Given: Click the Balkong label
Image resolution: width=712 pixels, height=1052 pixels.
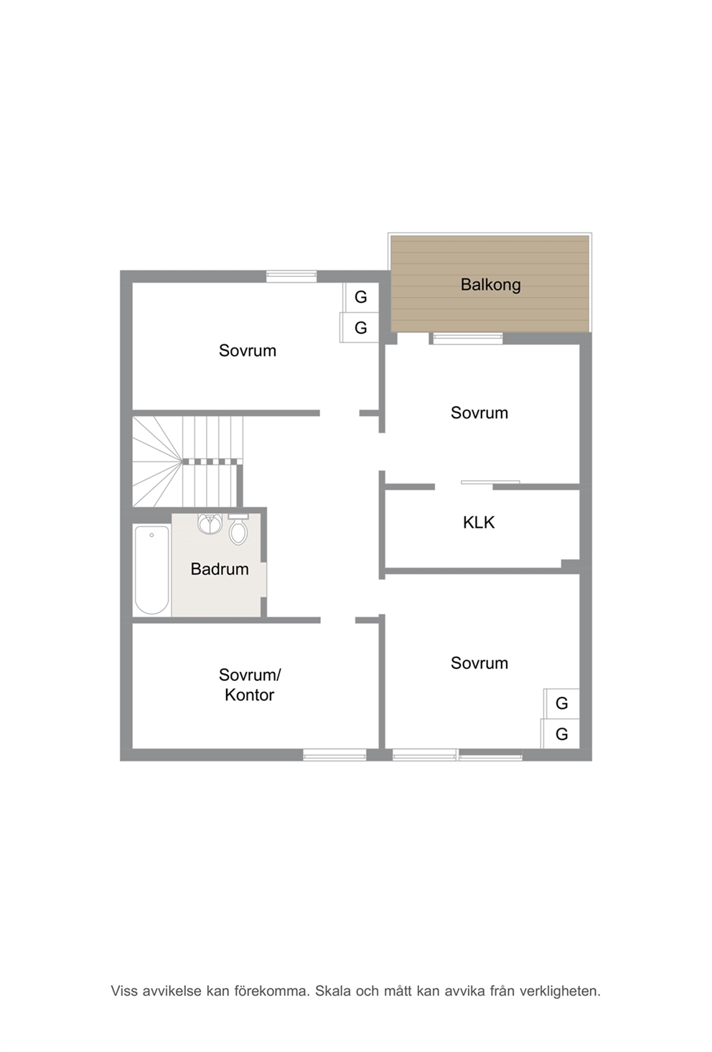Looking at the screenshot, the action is click(490, 285).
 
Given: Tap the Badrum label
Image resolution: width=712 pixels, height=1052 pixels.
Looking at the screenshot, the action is click(220, 569).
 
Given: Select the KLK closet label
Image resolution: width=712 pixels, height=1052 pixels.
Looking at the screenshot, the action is click(479, 522).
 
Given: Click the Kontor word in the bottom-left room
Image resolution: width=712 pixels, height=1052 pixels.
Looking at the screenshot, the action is click(249, 695).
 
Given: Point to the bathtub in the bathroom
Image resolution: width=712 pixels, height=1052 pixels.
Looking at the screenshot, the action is click(151, 570).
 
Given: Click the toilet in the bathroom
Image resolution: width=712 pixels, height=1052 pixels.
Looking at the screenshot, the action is click(238, 530).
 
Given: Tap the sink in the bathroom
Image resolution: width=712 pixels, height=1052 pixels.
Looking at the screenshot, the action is click(210, 524).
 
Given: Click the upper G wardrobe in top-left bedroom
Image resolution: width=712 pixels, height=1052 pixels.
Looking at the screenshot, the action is click(361, 297).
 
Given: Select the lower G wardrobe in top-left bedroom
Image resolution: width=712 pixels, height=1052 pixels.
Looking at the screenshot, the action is click(360, 327).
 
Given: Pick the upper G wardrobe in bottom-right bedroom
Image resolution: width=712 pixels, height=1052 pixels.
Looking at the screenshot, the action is click(562, 703).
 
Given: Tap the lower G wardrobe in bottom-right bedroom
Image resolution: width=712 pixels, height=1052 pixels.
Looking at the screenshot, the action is click(561, 733).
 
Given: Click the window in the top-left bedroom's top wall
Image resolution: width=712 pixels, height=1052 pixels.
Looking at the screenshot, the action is click(291, 276).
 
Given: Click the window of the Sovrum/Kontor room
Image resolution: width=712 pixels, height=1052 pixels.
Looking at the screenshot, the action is click(334, 755).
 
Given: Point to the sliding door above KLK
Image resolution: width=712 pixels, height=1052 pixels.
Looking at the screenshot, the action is click(490, 482).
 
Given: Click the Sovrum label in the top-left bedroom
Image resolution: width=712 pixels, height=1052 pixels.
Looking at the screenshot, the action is click(248, 351).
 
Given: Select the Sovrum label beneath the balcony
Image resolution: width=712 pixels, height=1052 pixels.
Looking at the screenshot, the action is click(479, 413).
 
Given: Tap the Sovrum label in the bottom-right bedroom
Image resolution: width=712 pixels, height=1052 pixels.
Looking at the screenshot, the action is click(479, 663).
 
